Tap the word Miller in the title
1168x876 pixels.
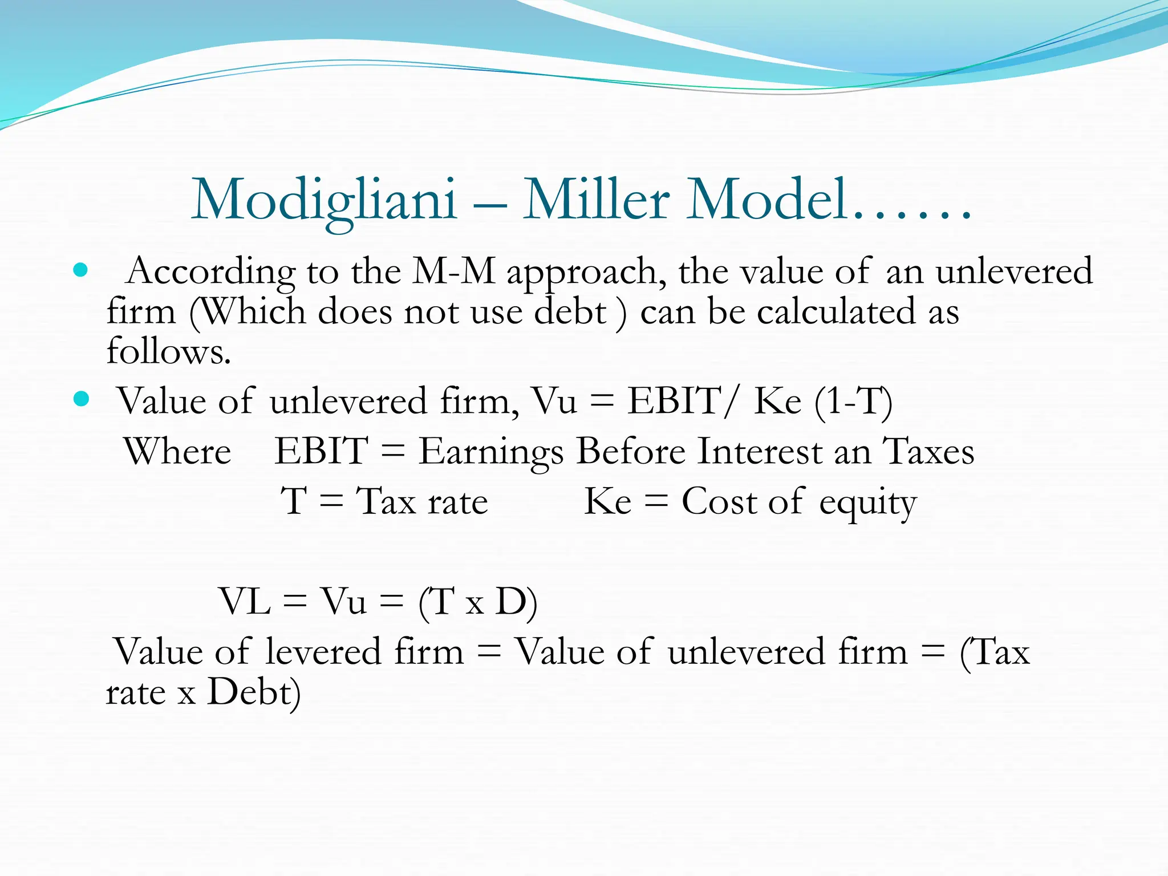coord(596,200)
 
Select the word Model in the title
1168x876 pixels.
coord(766,200)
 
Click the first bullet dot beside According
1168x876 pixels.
coord(81,270)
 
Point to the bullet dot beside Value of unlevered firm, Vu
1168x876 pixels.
coord(81,399)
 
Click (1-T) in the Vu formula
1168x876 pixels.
coord(853,401)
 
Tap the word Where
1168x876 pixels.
coord(177,451)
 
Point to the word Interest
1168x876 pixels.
coord(759,451)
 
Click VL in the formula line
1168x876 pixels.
coord(245,601)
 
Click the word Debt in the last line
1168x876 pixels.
coord(251,692)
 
